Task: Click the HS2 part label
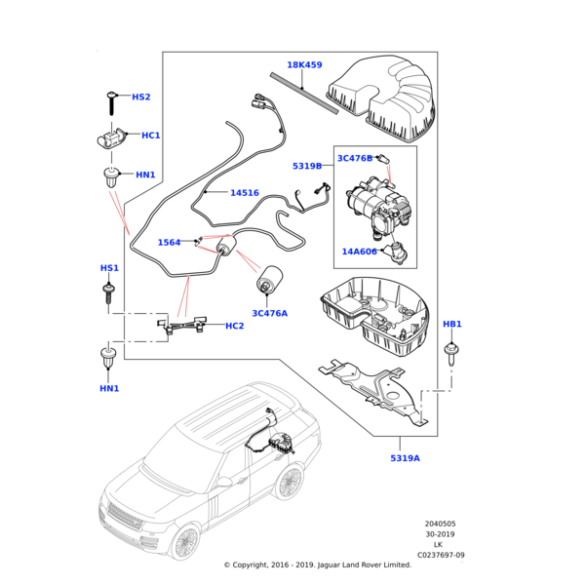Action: point(141,97)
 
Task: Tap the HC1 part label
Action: point(151,136)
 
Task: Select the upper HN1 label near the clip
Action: point(145,175)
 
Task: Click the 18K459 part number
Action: point(304,65)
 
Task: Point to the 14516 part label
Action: point(244,193)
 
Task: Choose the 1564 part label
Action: point(169,243)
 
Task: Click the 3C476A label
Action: point(269,313)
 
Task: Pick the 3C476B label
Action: point(355,158)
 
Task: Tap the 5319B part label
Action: point(306,167)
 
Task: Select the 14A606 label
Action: point(359,252)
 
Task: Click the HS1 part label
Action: point(109,268)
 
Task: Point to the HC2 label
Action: point(234,326)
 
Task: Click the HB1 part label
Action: point(452,324)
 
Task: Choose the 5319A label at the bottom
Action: point(405,458)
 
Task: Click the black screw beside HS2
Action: point(112,98)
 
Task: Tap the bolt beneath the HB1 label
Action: point(451,349)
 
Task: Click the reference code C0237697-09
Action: point(441,555)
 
